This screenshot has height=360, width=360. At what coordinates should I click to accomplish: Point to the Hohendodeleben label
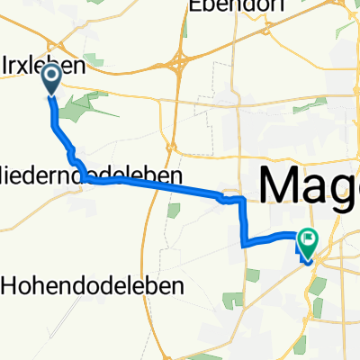pos(94,285)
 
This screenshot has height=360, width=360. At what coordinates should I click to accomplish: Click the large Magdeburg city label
pos(310,185)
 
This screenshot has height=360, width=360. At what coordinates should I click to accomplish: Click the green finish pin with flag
pos(309,241)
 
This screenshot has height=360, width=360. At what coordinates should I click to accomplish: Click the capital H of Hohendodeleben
pos(11,285)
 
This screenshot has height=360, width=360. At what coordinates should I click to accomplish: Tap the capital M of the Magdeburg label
pos(279,185)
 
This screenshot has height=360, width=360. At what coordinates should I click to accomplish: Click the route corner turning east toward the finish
pos(244,242)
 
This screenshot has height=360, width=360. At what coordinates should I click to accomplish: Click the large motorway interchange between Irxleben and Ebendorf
pos(176,65)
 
